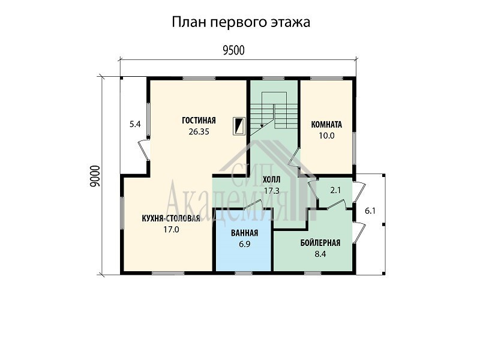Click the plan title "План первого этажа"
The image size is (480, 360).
click(x=241, y=22)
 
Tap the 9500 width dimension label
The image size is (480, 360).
click(x=233, y=50)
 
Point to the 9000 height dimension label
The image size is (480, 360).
click(x=96, y=176)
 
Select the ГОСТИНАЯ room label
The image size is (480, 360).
click(x=199, y=121)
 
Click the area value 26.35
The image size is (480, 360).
click(x=199, y=131)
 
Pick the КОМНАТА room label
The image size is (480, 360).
click(x=326, y=125)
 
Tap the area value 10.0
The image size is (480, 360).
click(x=326, y=136)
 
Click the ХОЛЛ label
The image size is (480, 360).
click(x=272, y=179)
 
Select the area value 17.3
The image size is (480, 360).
click(x=272, y=191)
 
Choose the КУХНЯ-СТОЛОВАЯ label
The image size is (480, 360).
click(x=171, y=218)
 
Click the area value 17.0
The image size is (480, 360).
click(x=171, y=230)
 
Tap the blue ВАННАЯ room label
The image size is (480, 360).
click(x=244, y=233)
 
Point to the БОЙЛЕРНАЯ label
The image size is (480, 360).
click(x=320, y=243)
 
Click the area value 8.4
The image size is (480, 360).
click(x=320, y=254)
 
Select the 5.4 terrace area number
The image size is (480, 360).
click(x=135, y=124)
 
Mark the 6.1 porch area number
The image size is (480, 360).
click(x=370, y=211)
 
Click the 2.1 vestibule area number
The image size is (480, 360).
click(x=335, y=190)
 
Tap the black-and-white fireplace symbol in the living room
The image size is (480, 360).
click(x=239, y=126)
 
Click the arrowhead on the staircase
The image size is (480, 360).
click(x=262, y=125)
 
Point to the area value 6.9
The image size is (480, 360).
click(x=244, y=245)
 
